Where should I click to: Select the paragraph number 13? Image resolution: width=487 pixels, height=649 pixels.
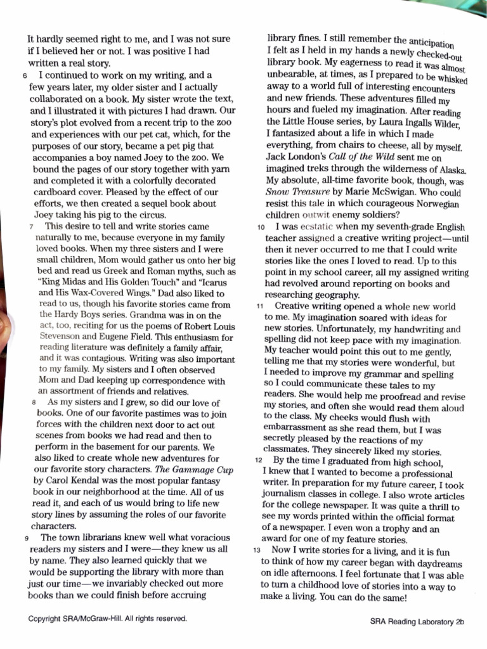click(x=257, y=551)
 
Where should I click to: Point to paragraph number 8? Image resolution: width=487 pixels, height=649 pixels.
click(x=34, y=403)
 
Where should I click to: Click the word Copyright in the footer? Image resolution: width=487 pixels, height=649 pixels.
click(x=49, y=618)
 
